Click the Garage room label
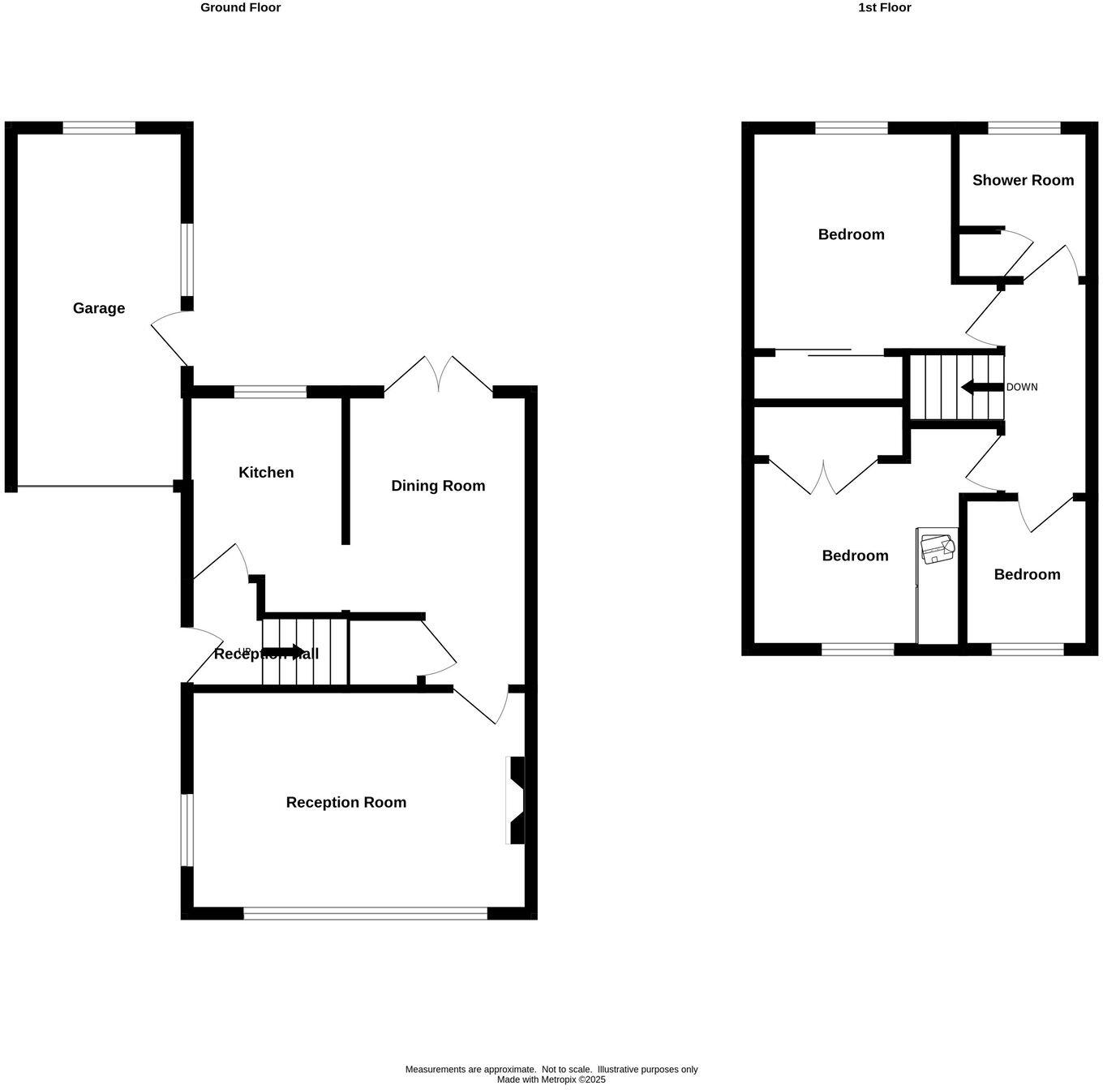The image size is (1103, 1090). click(x=99, y=308)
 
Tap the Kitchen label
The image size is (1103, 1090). click(x=266, y=473)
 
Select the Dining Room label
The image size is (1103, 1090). click(x=438, y=486)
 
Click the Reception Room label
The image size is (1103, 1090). click(x=346, y=802)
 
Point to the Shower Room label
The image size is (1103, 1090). click(x=1023, y=180)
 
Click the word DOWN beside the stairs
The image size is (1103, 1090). click(x=1022, y=387)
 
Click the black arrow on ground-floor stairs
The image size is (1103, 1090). click(x=283, y=652)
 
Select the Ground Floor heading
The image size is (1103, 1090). click(x=241, y=7)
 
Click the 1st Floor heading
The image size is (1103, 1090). click(x=885, y=7)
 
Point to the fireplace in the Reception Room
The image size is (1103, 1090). click(x=515, y=800)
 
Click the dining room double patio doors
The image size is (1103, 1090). click(x=438, y=375)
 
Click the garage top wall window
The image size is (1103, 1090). click(x=99, y=127)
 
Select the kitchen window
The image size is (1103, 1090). click(x=270, y=393)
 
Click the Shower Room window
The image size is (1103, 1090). click(x=1024, y=127)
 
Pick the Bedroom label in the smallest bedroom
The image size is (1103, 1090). click(x=1027, y=574)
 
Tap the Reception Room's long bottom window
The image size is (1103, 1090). click(x=365, y=913)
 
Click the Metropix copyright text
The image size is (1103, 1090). click(x=551, y=1079)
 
